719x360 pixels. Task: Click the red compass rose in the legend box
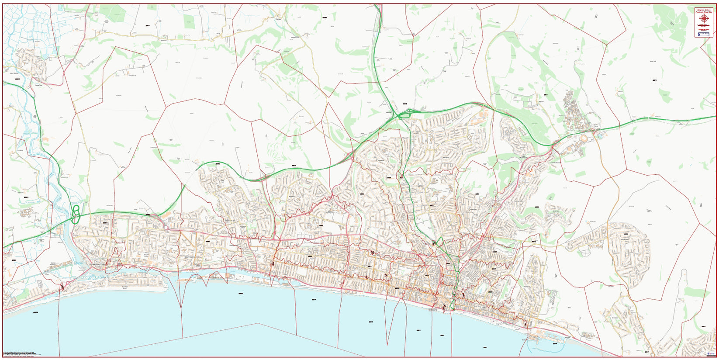point(703,18)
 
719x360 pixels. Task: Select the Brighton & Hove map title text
point(703,10)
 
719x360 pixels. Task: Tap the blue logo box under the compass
point(703,33)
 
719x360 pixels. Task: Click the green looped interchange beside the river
point(76,215)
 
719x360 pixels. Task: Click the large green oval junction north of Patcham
point(404,114)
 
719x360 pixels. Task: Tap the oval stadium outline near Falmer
point(584,138)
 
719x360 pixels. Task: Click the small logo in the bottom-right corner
point(709,353)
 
